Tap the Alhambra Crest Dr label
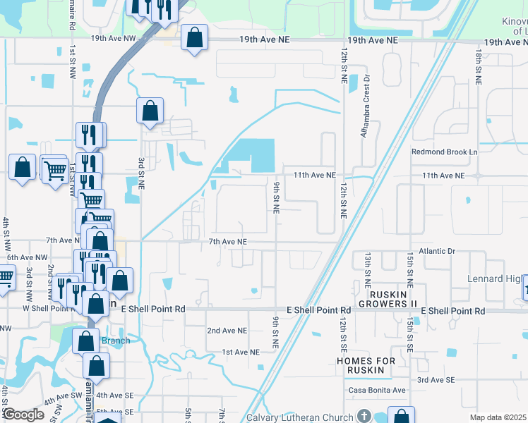[366, 104]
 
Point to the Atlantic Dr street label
[437, 251]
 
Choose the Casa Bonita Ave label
[377, 390]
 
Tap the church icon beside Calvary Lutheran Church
[364, 417]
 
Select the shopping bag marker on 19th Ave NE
[194, 37]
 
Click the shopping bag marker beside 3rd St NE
[150, 110]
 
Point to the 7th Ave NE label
[227, 242]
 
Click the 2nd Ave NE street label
[227, 330]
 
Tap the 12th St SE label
[342, 334]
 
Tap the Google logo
[23, 415]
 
